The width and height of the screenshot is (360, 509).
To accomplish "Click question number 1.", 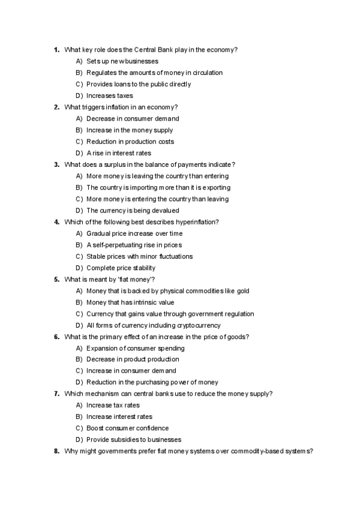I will coord(56,49).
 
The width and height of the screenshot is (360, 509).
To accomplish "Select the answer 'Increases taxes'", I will coord(109,95).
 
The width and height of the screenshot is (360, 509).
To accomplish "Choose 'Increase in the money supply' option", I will coord(130,130).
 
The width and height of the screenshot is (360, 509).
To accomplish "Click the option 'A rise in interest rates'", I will coord(119,153).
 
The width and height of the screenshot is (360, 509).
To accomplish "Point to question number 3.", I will coord(56,164).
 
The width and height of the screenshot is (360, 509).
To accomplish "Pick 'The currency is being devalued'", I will coord(133,211).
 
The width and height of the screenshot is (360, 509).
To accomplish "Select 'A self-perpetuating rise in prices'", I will coord(134,245).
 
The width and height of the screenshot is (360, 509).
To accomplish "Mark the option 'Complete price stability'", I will coord(121,268).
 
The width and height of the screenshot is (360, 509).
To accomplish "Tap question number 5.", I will coord(56,280).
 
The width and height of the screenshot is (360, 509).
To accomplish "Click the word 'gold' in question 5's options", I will coord(242,291).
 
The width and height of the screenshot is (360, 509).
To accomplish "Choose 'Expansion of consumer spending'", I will coord(135,348).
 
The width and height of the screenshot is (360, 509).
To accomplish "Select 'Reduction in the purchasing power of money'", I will coord(152,382).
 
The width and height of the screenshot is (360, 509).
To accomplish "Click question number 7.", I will coord(56,394).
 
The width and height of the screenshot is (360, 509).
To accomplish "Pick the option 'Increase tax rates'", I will coord(113,405).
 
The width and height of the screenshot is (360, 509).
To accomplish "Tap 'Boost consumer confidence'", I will coord(127,428).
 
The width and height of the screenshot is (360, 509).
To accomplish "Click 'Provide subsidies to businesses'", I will coord(133,439).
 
